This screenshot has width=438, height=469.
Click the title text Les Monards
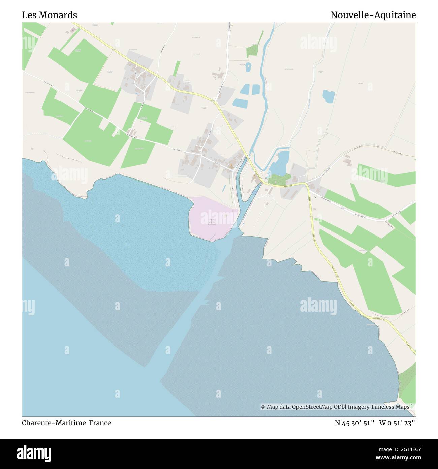tap(50, 15)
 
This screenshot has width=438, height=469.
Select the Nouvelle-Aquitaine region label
tap(373, 15)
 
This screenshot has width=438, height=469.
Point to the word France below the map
tap(100, 423)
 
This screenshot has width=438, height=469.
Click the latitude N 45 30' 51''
tap(355, 423)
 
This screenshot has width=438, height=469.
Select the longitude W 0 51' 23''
tap(398, 423)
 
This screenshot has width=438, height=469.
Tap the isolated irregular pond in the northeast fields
tap(328, 96)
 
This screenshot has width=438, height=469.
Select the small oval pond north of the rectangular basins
tap(248, 67)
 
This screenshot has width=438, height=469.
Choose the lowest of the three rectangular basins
tap(240, 102)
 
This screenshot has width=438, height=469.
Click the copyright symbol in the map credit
tap(263, 407)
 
